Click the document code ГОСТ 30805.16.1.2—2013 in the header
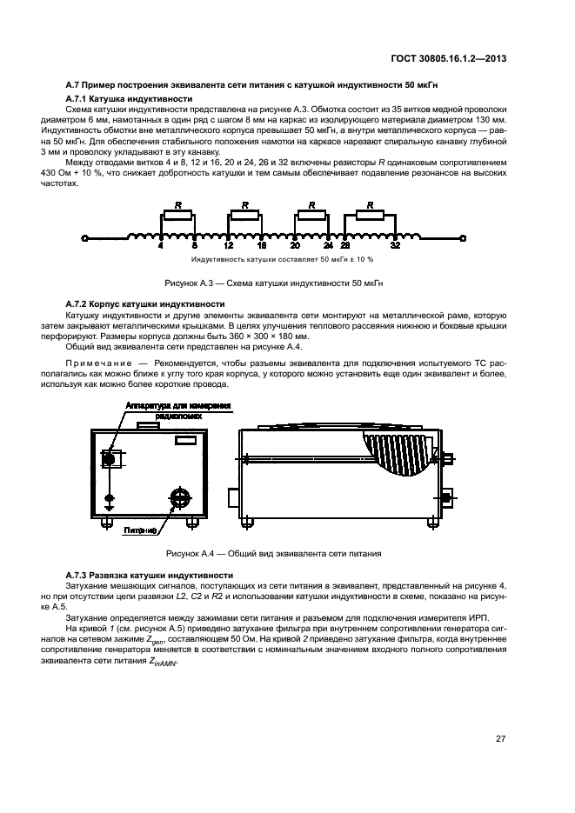pos(445,59)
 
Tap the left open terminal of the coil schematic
pos(84,237)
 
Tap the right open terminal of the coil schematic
pos(464,237)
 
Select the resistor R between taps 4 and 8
pos(178,217)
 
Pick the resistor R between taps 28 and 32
pos(370,217)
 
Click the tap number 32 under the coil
pos(395,247)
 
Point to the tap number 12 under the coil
pos(228,247)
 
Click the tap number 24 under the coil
pos(329,247)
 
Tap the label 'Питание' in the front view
pos(140,529)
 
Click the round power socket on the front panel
pos(179,497)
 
